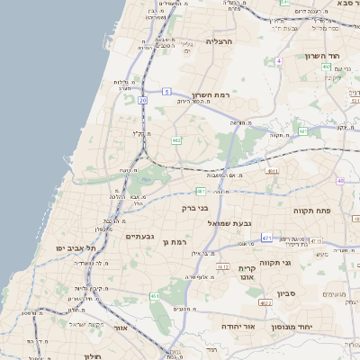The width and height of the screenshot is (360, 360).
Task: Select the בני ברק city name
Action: point(195,208)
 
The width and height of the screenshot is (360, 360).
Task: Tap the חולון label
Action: point(91,356)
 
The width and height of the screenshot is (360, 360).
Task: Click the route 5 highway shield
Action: point(167,91)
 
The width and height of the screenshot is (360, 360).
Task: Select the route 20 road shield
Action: point(142,100)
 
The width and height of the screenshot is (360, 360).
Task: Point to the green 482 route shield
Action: point(176,139)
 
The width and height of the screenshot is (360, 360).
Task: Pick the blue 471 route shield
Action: point(266,237)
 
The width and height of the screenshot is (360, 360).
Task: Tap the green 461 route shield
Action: point(155,295)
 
